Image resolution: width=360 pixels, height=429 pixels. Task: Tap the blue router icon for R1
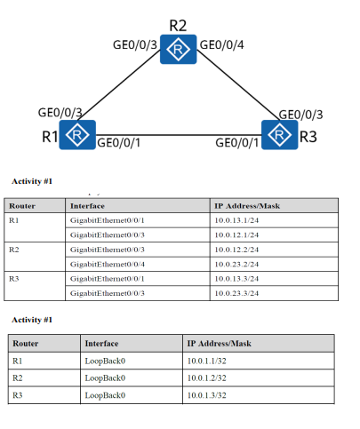(79, 134)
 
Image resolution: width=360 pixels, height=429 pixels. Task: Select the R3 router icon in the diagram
(281, 134)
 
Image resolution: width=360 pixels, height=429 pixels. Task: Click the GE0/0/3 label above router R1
(60, 113)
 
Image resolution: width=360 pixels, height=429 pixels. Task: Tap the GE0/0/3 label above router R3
(300, 114)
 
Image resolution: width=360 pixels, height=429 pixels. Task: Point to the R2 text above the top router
(180, 24)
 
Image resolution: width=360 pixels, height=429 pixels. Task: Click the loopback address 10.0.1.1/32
(209, 361)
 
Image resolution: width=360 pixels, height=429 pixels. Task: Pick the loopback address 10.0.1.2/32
(209, 377)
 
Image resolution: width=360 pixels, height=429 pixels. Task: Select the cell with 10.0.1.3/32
(209, 394)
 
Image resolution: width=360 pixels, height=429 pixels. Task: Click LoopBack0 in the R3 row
(105, 394)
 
